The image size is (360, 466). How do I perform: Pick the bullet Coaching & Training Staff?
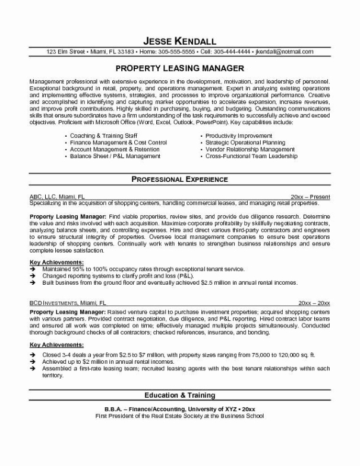[109, 136]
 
